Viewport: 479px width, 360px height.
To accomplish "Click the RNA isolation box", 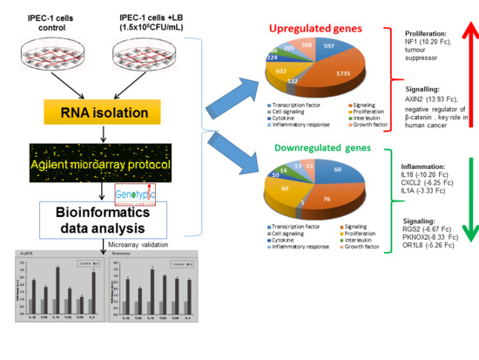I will point(101,112).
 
